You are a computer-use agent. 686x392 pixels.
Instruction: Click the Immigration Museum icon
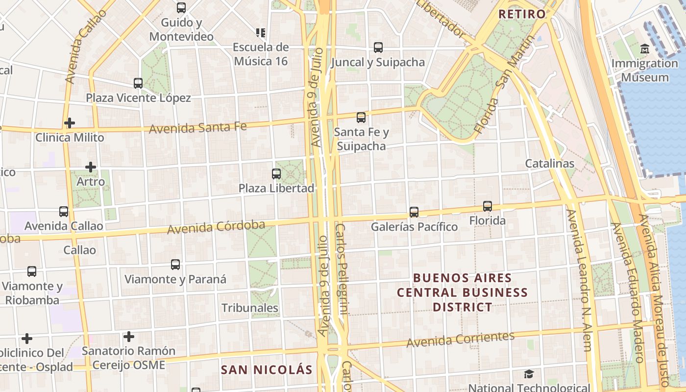point(644,49)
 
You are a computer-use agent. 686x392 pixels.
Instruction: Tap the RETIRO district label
point(522,14)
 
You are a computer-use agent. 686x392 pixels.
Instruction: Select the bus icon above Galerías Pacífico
point(414,212)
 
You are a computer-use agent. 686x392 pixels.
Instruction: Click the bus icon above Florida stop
point(487,206)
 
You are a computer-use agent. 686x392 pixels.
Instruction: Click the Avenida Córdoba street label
point(216,227)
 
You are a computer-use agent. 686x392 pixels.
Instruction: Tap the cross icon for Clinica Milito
point(70,122)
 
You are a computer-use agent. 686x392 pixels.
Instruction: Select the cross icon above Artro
point(91,167)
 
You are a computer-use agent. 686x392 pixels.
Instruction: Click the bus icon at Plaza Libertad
point(276,174)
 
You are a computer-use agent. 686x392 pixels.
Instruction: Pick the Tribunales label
point(250,308)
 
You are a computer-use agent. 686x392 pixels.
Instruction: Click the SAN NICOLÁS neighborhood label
point(267,369)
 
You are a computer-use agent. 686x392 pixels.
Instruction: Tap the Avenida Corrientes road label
point(460,339)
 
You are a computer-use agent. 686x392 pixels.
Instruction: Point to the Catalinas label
point(550,163)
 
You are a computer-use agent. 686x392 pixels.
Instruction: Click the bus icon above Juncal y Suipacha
point(378,48)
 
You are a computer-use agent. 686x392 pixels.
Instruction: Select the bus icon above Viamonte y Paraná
point(175,265)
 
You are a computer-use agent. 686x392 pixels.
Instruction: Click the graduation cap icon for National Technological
point(529,374)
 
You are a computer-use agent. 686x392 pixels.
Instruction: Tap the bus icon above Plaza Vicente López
point(138,83)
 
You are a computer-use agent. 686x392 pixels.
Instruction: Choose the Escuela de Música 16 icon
point(261,33)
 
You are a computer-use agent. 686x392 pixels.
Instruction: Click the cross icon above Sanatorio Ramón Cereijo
point(129,337)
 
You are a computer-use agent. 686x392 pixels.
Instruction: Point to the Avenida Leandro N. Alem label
point(579,280)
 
